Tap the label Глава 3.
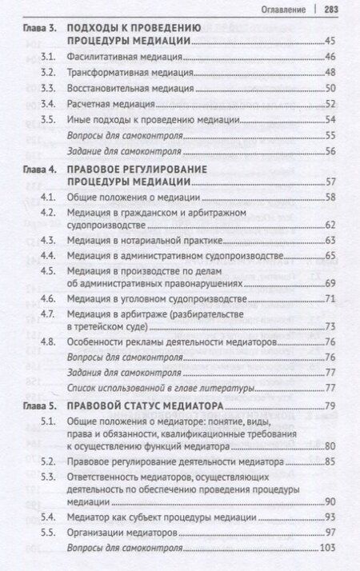coord(38,28)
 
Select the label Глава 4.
coord(38,170)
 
